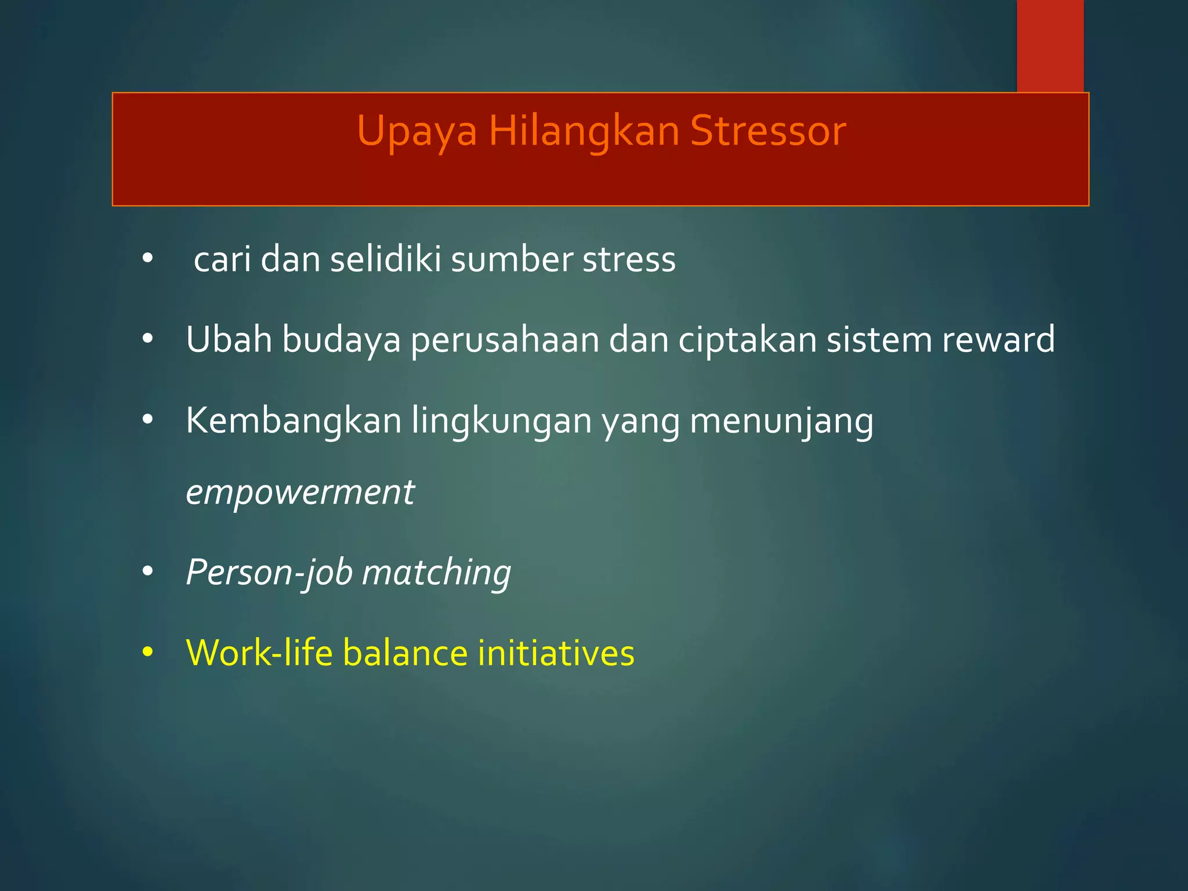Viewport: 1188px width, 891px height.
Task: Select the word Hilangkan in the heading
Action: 584,132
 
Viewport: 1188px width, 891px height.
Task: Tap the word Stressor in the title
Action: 768,132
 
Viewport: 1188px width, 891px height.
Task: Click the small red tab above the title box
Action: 1050,45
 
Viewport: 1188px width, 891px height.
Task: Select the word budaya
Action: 341,340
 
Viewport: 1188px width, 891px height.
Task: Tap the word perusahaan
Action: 505,340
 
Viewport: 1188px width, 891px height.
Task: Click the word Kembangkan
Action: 294,421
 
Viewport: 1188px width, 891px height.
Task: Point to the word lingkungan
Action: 501,422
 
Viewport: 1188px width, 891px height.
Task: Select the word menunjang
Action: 781,422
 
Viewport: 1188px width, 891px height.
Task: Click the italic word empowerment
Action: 300,493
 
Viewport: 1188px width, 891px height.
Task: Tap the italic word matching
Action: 436,573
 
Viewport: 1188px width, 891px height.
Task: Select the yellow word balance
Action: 405,653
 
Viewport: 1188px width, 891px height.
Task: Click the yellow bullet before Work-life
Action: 147,653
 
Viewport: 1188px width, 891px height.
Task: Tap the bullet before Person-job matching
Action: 147,572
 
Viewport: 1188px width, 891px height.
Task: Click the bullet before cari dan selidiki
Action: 147,259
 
